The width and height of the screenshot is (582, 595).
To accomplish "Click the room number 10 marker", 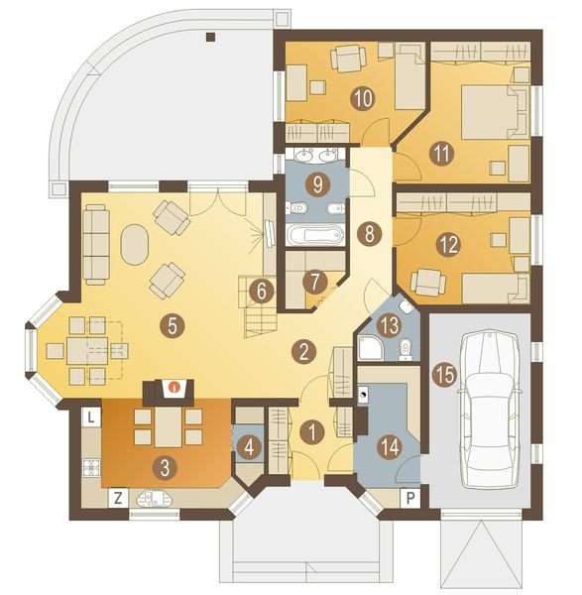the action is (x=363, y=98).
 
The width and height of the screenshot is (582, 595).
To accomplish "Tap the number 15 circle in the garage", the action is (x=445, y=375).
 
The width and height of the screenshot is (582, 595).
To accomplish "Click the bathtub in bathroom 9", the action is (x=315, y=234).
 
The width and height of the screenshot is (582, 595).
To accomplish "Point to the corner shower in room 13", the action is (x=368, y=347).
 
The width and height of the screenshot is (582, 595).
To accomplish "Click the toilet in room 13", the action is (x=405, y=349).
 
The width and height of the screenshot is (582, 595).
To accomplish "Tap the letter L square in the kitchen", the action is (x=90, y=417).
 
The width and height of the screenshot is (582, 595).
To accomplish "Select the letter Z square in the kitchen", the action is (x=118, y=499).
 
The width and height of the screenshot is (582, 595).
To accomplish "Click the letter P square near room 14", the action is (x=410, y=498).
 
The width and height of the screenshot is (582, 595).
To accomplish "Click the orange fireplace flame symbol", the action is (x=175, y=388).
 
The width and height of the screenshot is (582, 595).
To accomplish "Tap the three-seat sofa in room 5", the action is (x=96, y=245).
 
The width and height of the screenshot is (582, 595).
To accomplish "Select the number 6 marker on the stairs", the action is (x=262, y=293).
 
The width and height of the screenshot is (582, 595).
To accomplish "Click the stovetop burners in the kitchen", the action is (x=91, y=467).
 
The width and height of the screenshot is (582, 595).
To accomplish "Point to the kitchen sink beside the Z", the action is (x=154, y=498).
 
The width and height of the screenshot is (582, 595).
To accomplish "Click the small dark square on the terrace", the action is (x=211, y=37).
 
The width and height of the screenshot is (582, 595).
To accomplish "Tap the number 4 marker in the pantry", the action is (x=249, y=448).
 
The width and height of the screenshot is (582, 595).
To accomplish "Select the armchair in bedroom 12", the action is (x=428, y=282).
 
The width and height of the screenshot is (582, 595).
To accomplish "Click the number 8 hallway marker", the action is (x=369, y=233).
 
